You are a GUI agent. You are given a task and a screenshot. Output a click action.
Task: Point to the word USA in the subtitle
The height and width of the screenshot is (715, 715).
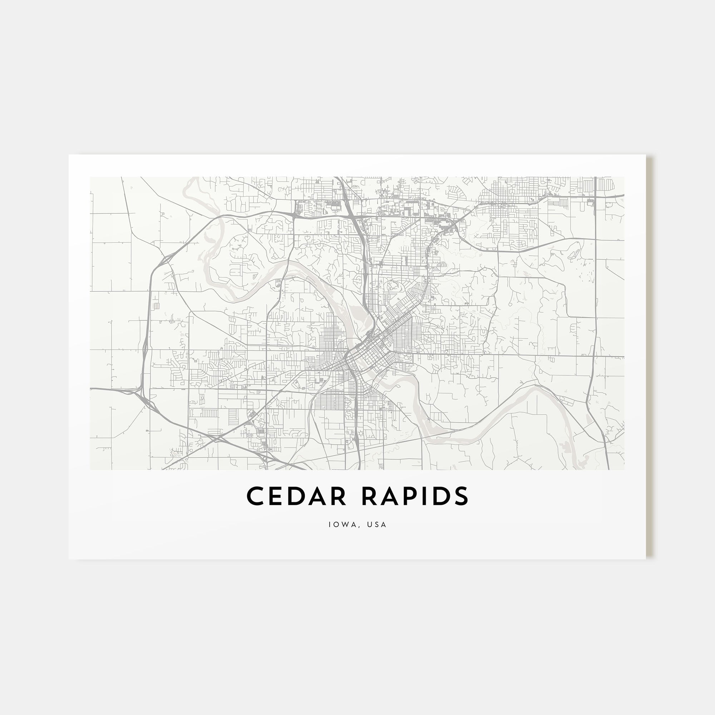tap(377, 525)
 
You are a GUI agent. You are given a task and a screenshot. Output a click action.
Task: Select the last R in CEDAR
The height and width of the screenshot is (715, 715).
tap(339, 496)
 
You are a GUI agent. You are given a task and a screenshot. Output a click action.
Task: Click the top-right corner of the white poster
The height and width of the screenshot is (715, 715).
tap(646, 155)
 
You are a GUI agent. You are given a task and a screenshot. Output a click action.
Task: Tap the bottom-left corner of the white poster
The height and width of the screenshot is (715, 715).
tap(69, 559)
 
